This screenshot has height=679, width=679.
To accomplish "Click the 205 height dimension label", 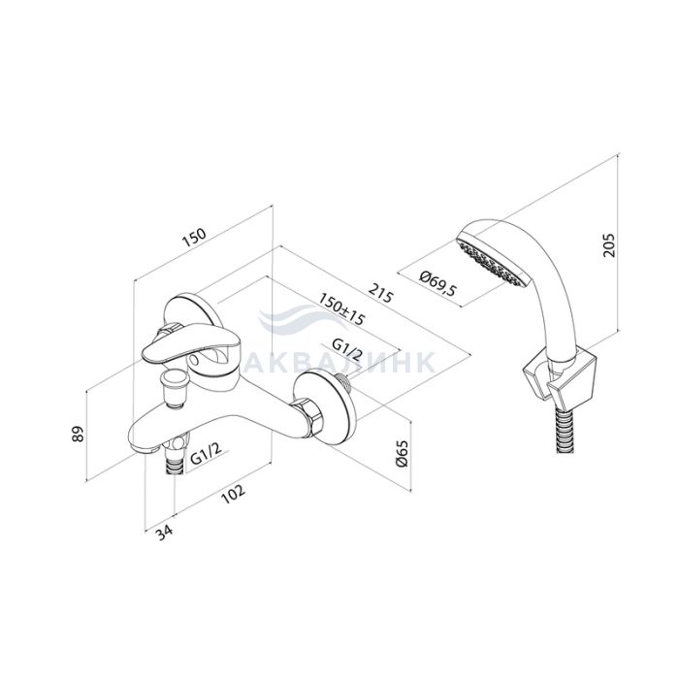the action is (x=609, y=245).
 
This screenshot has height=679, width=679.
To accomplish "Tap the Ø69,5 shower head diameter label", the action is (x=438, y=283).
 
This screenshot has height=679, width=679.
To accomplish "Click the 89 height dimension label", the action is (x=77, y=434).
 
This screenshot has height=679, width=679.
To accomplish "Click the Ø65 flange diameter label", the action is (x=403, y=454).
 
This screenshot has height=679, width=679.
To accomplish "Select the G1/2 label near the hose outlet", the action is (x=206, y=454).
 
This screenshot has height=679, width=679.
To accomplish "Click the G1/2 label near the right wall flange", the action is (x=347, y=349).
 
